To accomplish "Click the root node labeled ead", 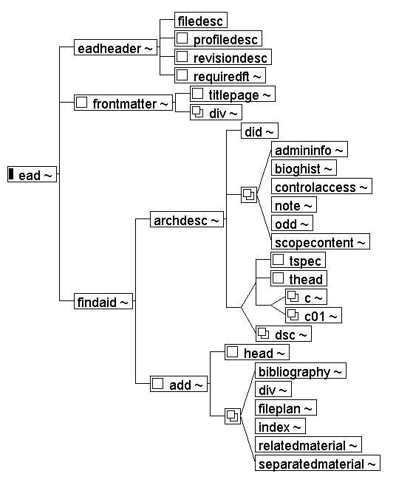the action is (x=32, y=174).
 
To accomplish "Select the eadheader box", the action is (x=115, y=47).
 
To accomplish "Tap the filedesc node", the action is (x=201, y=20).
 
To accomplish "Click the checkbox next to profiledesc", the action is (x=182, y=38).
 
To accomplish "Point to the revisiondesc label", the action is (x=231, y=58).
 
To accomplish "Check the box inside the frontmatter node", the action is (x=81, y=102).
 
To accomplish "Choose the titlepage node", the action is (x=232, y=94).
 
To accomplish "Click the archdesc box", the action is (x=186, y=219).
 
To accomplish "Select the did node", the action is (x=259, y=131).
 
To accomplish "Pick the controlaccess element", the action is (x=321, y=186).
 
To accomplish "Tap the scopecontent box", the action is (x=321, y=241).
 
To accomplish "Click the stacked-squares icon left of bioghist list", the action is (x=249, y=195).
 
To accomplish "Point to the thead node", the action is (x=298, y=278).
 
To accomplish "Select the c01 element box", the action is (x=313, y=315).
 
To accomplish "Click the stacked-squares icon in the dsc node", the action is (x=263, y=333).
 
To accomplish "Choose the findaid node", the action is (x=103, y=301).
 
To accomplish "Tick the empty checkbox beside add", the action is (x=157, y=383).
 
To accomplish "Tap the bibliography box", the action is (x=301, y=371).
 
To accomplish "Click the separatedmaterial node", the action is (x=317, y=463).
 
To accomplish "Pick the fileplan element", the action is (x=286, y=407).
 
